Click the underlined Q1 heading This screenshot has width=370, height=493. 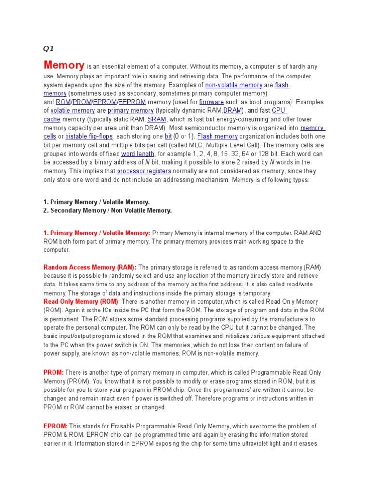[x=49, y=49]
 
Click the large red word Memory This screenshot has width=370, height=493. [x=64, y=65]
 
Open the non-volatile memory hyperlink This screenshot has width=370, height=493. [x=234, y=85]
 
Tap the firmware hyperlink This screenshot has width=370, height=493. [x=211, y=102]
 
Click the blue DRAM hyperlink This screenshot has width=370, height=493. [x=234, y=111]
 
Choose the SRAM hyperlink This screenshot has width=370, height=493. [x=157, y=119]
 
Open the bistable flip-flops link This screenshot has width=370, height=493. [x=89, y=137]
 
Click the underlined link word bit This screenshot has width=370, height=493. [x=168, y=137]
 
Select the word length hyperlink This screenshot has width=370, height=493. [x=138, y=154]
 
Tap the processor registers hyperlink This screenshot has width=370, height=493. [x=144, y=171]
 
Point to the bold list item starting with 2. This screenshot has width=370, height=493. [x=107, y=211]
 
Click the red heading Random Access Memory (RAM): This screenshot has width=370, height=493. [x=90, y=267]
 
